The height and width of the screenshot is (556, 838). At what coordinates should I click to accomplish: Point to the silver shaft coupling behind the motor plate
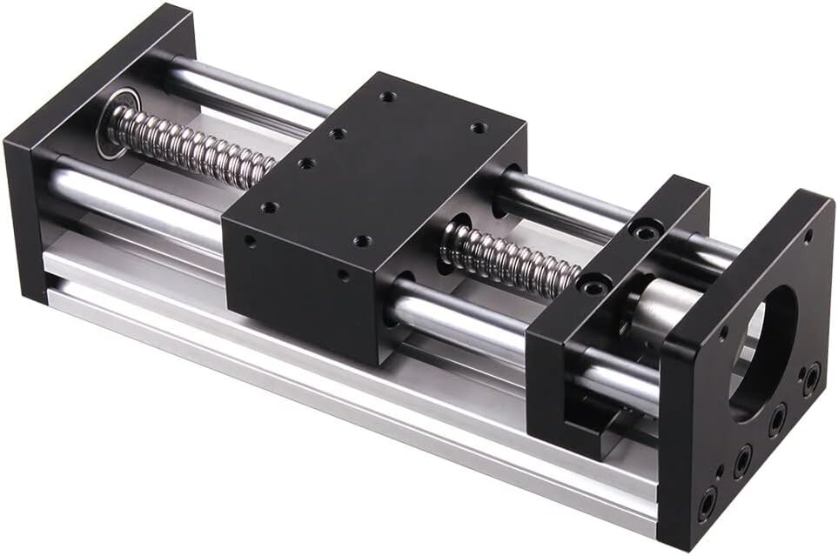[x=660, y=309]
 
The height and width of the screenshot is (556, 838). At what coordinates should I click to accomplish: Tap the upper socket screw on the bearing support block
[x=643, y=231]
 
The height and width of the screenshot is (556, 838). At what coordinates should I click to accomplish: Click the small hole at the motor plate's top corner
[x=808, y=235]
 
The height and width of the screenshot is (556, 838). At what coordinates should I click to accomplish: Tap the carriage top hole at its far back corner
[x=387, y=97]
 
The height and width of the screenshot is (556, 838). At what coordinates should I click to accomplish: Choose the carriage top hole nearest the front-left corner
[x=269, y=208]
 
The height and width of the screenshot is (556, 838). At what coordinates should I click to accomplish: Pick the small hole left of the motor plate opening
[x=723, y=332]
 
